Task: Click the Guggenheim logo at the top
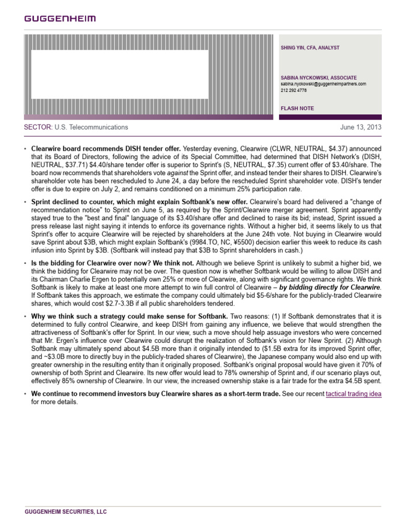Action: coord(60,19)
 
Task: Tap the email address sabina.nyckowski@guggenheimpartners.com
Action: coord(323,84)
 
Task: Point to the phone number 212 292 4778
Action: coord(294,90)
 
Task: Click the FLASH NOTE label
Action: coord(297,109)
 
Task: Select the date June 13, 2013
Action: coord(361,127)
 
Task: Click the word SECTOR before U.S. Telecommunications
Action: coord(38,127)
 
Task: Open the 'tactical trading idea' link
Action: coord(353,394)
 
